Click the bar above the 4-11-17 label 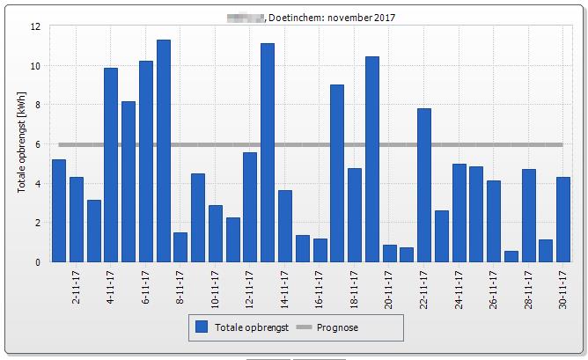111,165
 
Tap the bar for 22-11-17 424,185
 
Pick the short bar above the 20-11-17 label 389,253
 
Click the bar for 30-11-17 563,219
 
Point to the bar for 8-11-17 180,247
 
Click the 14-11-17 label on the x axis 286,287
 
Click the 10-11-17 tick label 216,287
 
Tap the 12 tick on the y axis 35,26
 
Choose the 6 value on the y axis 38,144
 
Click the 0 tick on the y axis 38,262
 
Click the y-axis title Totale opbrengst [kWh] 21,143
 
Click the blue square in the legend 202,327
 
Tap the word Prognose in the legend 339,327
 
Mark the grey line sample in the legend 304,327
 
